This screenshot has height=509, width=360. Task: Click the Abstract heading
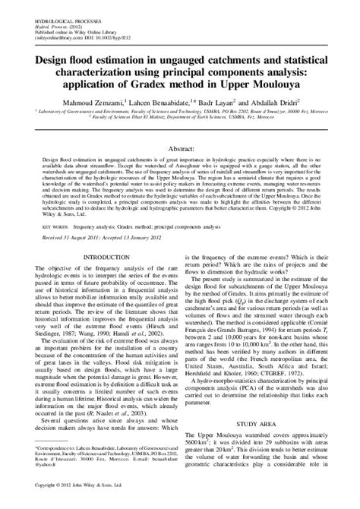click(179, 130)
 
